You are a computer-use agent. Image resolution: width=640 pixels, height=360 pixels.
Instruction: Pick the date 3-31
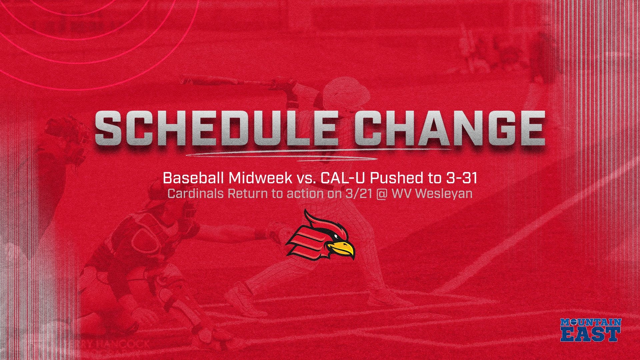click(460, 179)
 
